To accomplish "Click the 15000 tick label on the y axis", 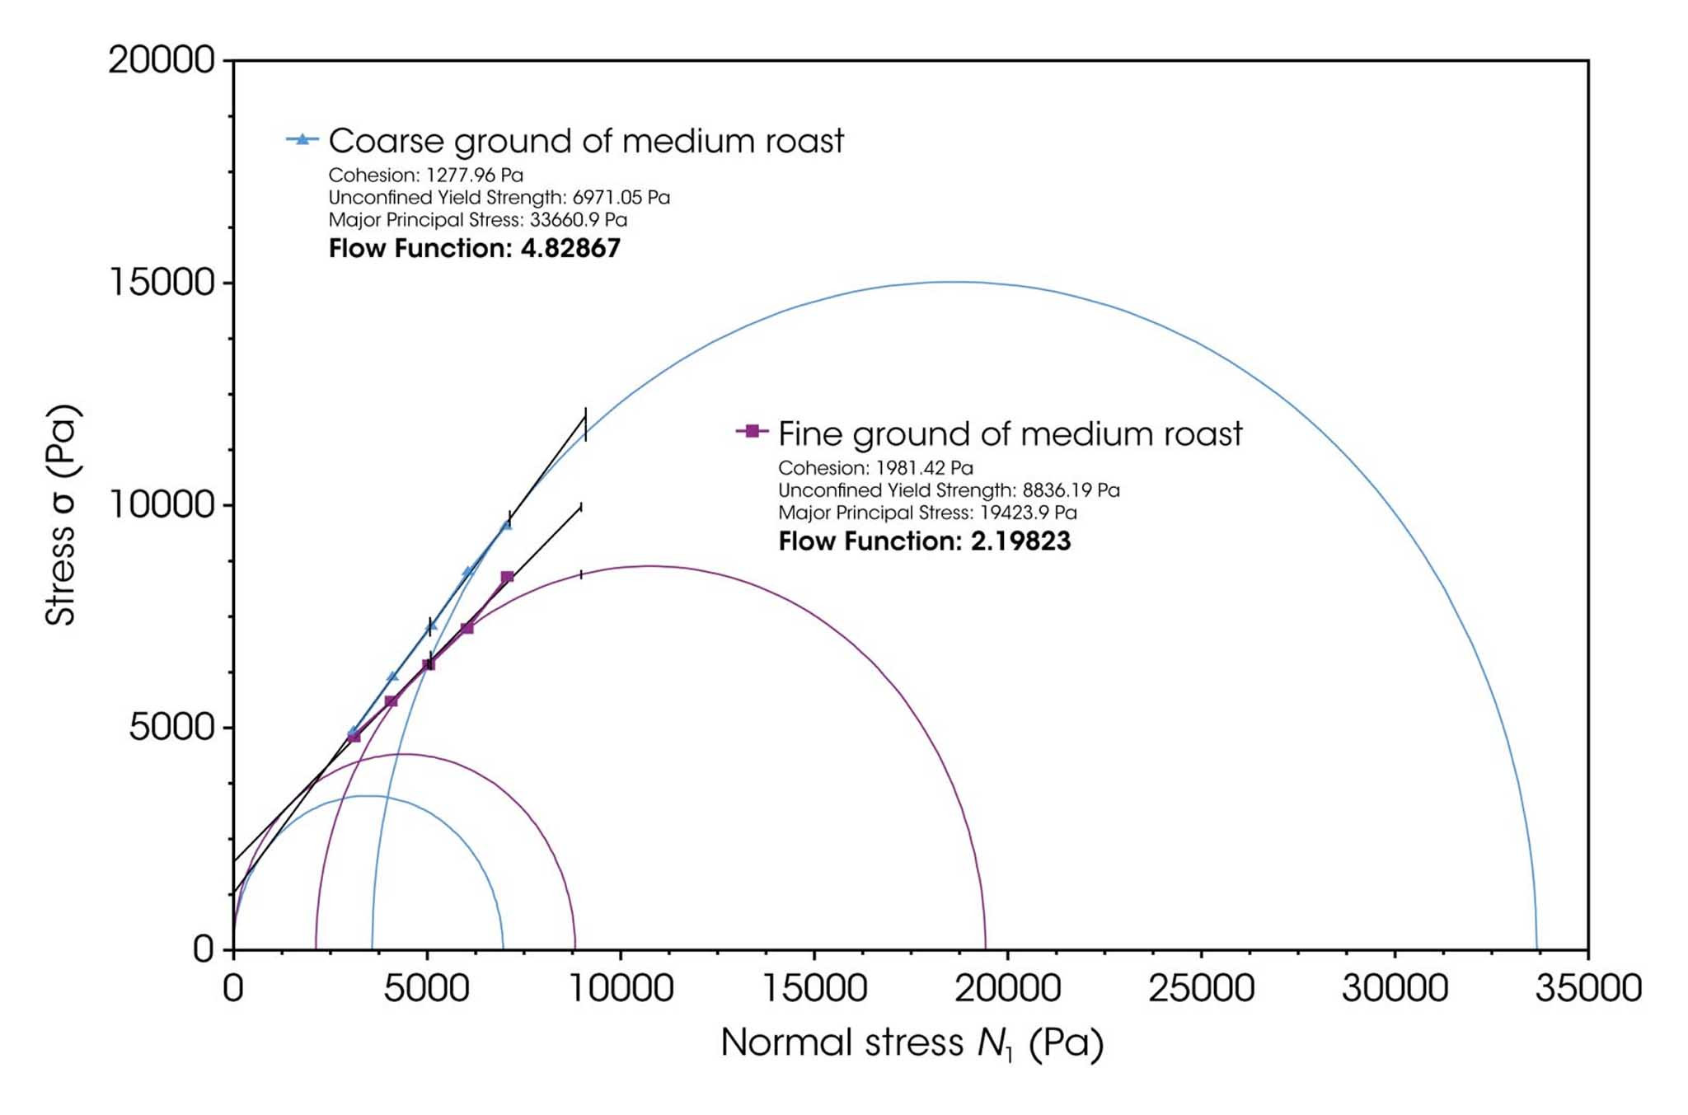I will [x=162, y=283].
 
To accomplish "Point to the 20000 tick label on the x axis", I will [x=1007, y=987].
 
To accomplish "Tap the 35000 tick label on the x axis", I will [x=1587, y=987].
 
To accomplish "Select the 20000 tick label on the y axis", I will [x=162, y=60].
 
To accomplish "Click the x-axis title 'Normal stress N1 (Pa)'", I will [x=912, y=1043].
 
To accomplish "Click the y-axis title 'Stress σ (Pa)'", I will [x=61, y=515].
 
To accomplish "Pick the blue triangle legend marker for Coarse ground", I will [x=302, y=139].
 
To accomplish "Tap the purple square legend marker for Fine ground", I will [x=752, y=431].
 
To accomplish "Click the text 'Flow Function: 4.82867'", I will [x=474, y=248].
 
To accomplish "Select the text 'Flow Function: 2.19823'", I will [x=924, y=541].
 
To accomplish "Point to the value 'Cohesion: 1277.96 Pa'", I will [x=425, y=175].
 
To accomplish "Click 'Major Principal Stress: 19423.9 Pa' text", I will [x=927, y=513].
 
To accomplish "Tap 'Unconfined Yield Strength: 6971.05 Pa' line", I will [x=499, y=198].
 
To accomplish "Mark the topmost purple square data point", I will [x=507, y=577].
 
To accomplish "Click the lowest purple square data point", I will [x=354, y=736].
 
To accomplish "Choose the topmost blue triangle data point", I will [x=506, y=524].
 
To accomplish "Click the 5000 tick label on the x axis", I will [x=427, y=987].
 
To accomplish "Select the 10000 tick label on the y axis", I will [x=162, y=505].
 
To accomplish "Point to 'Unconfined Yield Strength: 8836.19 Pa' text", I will [x=949, y=490].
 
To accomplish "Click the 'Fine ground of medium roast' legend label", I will [x=1010, y=433].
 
